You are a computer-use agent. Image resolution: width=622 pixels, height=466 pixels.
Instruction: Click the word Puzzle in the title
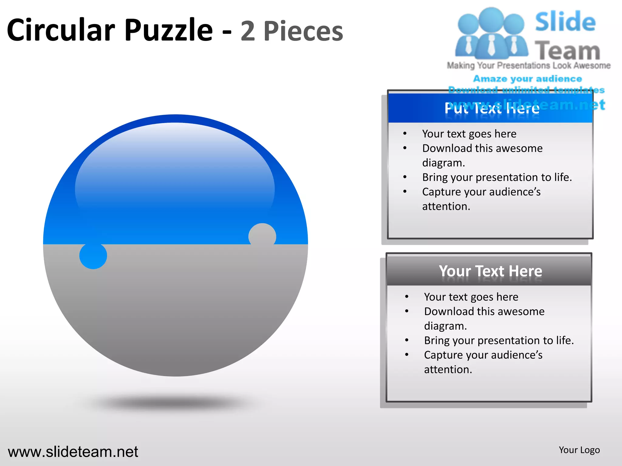[169, 30]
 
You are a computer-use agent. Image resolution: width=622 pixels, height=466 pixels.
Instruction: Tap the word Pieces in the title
[303, 31]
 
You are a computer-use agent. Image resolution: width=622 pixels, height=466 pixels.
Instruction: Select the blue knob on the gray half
[93, 255]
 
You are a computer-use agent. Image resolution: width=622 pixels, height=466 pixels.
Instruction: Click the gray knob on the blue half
[262, 235]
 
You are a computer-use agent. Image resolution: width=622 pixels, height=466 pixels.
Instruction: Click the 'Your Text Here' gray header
[490, 271]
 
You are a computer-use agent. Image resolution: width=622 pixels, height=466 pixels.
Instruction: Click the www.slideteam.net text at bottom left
[73, 452]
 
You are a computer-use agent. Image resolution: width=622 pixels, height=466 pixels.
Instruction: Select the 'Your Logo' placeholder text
[579, 450]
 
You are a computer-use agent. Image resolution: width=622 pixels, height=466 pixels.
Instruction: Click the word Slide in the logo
[565, 22]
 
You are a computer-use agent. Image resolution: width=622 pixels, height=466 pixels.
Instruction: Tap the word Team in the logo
[567, 51]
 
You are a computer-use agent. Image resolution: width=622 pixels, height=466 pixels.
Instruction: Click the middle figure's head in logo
[491, 19]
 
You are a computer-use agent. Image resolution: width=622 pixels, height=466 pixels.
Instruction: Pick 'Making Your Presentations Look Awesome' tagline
[528, 66]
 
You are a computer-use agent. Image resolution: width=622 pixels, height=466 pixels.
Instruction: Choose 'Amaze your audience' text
[528, 79]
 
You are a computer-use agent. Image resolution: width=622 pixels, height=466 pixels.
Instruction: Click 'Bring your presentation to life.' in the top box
[497, 177]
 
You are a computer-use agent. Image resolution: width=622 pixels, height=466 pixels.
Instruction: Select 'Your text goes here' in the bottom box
[471, 297]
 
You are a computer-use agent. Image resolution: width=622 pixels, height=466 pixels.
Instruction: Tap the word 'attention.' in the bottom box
[448, 370]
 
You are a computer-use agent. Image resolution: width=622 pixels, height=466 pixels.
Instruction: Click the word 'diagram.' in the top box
[443, 163]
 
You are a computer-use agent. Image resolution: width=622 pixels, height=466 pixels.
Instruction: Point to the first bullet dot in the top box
[405, 133]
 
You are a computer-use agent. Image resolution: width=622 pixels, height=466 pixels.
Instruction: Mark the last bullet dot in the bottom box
[407, 355]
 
